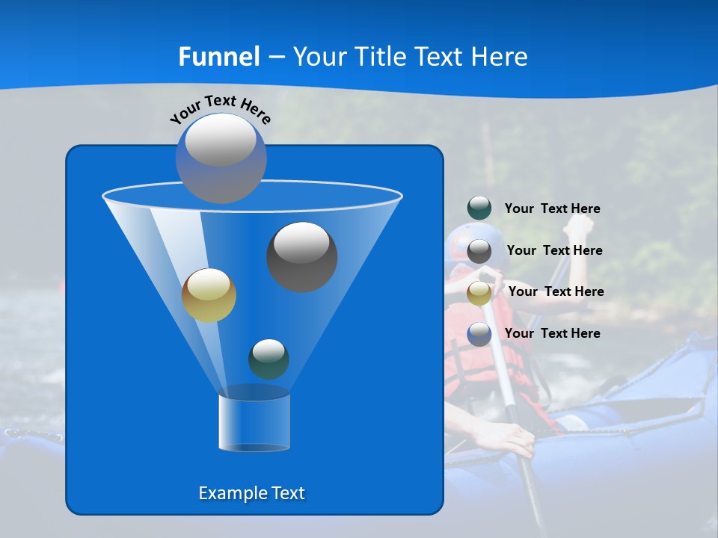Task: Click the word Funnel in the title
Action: click(218, 57)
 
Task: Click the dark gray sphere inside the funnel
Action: click(302, 258)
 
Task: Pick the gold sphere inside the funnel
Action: click(209, 296)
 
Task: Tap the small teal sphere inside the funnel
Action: click(269, 359)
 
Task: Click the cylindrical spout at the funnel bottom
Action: click(254, 421)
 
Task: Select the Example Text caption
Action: click(251, 493)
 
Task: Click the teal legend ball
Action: click(479, 208)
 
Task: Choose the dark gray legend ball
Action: click(479, 251)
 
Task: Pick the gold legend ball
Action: click(479, 293)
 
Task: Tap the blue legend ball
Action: click(479, 334)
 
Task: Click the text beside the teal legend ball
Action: click(552, 208)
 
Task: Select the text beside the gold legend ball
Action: click(556, 291)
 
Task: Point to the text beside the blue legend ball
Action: click(552, 333)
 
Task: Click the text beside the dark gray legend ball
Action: click(554, 250)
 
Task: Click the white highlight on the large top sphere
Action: click(220, 140)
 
